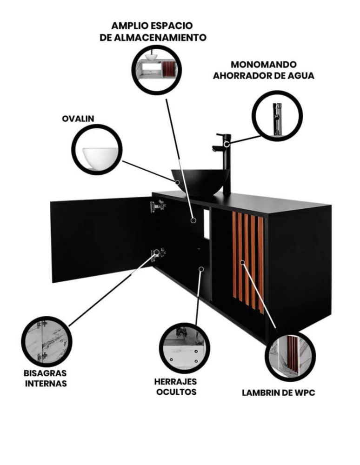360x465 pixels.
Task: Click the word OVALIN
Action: pyautogui.click(x=78, y=119)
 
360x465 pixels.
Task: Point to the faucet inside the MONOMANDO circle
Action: pyautogui.click(x=277, y=118)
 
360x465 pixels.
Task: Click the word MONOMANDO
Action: pyautogui.click(x=263, y=65)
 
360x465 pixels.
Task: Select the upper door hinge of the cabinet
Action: pyautogui.click(x=158, y=206)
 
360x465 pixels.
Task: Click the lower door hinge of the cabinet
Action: pyautogui.click(x=158, y=253)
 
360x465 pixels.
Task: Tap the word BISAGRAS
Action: pyautogui.click(x=45, y=373)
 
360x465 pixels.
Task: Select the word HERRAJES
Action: pyautogui.click(x=176, y=381)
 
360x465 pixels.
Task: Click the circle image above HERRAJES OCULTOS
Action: pyautogui.click(x=185, y=348)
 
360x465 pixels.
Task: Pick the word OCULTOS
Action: pyautogui.click(x=176, y=392)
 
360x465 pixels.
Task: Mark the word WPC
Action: pyautogui.click(x=304, y=393)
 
